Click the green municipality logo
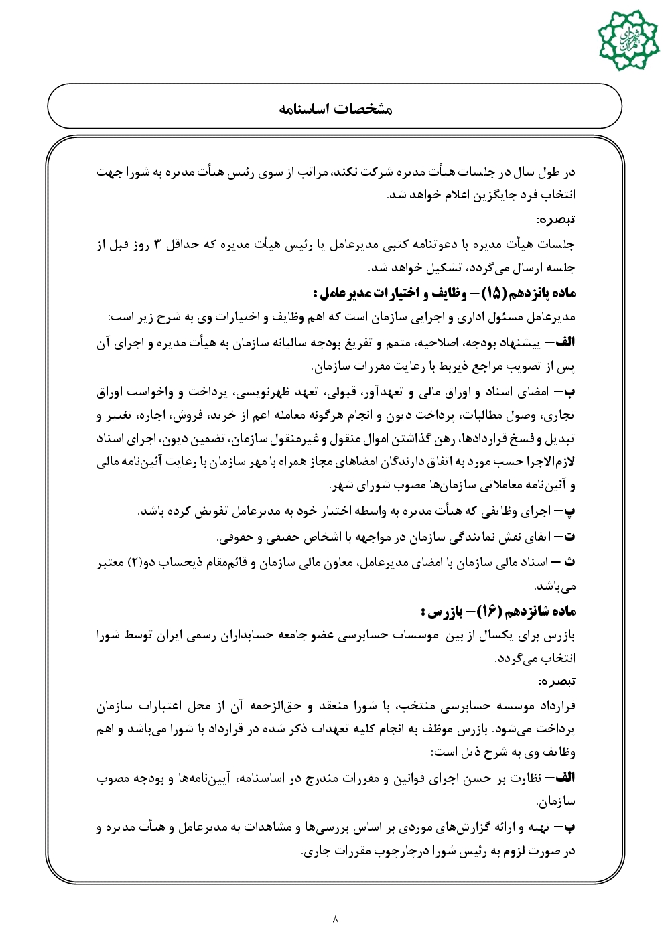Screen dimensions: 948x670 (628, 40)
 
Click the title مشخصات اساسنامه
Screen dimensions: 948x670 (335, 109)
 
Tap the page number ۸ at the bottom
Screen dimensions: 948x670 (335, 919)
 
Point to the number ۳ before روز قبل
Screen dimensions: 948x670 (157, 245)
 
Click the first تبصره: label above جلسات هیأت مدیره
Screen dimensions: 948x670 (556, 220)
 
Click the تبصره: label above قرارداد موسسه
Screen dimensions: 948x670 (557, 681)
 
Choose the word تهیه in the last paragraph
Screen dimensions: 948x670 (538, 827)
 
